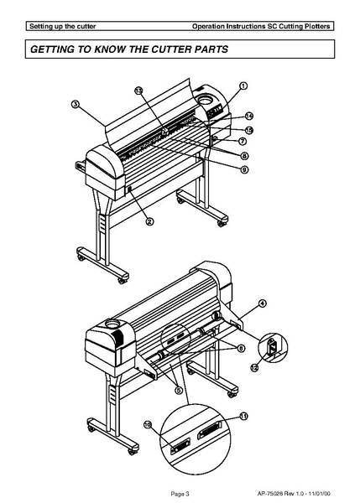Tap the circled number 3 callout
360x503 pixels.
pyautogui.click(x=75, y=105)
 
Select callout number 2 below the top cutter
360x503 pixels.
pyautogui.click(x=149, y=221)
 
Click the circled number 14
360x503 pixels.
pyautogui.click(x=249, y=116)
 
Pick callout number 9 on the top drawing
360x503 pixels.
pyautogui.click(x=243, y=169)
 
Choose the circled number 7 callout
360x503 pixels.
pyautogui.click(x=242, y=143)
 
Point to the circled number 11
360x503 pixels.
pyautogui.click(x=244, y=416)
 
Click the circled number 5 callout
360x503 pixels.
pyautogui.click(x=178, y=389)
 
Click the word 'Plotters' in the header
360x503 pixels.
pyautogui.click(x=317, y=27)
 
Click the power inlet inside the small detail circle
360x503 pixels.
pyautogui.click(x=270, y=347)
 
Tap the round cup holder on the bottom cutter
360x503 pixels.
pyautogui.click(x=111, y=322)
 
